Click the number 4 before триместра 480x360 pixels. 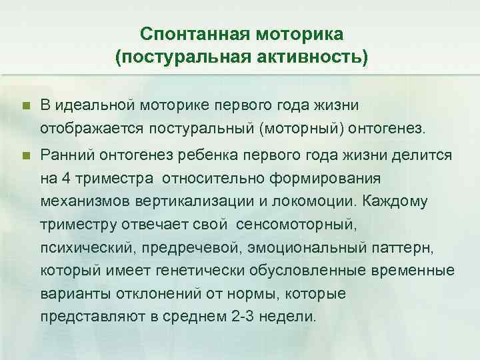pyautogui.click(x=63, y=178)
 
